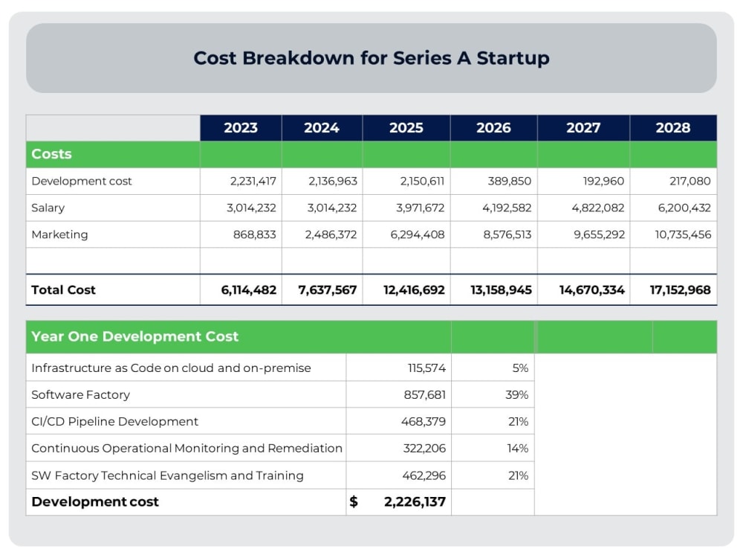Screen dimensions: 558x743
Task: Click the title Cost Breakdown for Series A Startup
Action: [371, 58]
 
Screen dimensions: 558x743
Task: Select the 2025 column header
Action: [406, 128]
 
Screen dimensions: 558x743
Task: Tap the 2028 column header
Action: [672, 128]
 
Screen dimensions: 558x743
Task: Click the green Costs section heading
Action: [52, 154]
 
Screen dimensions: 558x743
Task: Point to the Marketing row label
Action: [59, 234]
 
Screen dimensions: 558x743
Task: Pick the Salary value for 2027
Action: [597, 208]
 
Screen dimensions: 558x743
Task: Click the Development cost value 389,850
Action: [510, 181]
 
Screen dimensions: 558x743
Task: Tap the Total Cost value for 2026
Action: [501, 290]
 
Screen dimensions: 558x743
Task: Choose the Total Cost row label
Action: [63, 290]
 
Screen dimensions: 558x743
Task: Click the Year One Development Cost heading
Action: [134, 336]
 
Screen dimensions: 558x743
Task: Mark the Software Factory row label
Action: [80, 395]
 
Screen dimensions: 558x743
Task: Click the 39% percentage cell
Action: [516, 395]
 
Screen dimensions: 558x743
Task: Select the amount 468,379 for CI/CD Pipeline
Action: [424, 422]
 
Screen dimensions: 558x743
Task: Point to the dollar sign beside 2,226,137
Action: [354, 502]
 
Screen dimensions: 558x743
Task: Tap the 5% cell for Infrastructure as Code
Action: [520, 368]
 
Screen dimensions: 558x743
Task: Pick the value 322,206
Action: [424, 449]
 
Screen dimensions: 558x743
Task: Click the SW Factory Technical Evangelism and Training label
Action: [167, 475]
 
